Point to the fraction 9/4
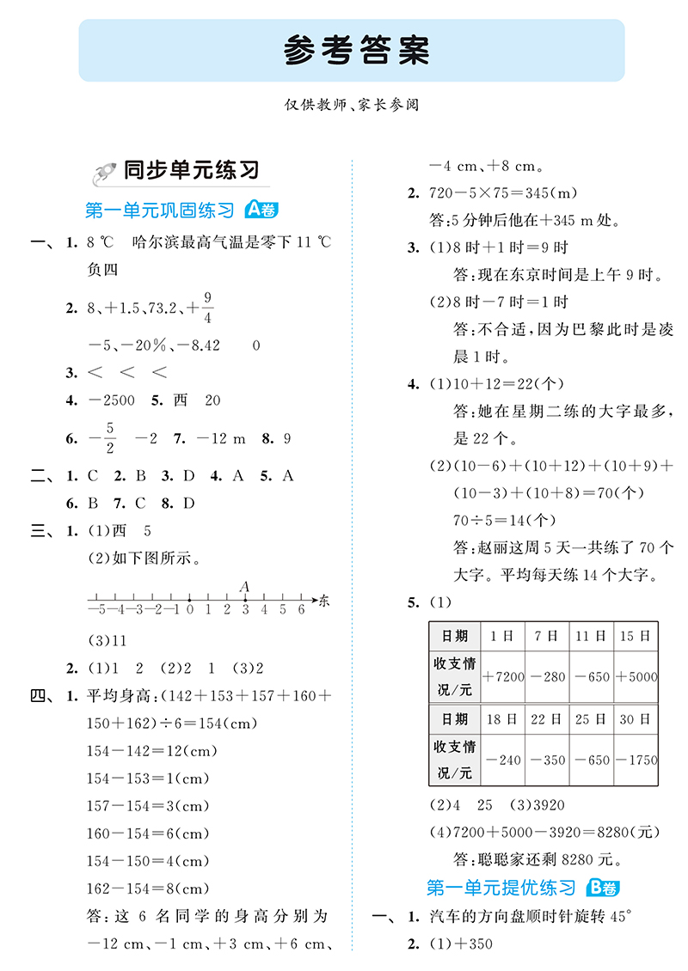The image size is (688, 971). (208, 307)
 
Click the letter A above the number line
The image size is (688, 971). (245, 586)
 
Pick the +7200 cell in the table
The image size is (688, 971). (504, 676)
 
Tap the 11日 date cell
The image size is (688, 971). (592, 636)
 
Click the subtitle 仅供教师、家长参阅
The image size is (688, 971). (355, 105)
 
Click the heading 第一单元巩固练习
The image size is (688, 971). (160, 211)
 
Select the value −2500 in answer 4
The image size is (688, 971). (112, 400)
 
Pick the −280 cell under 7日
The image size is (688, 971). (548, 676)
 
